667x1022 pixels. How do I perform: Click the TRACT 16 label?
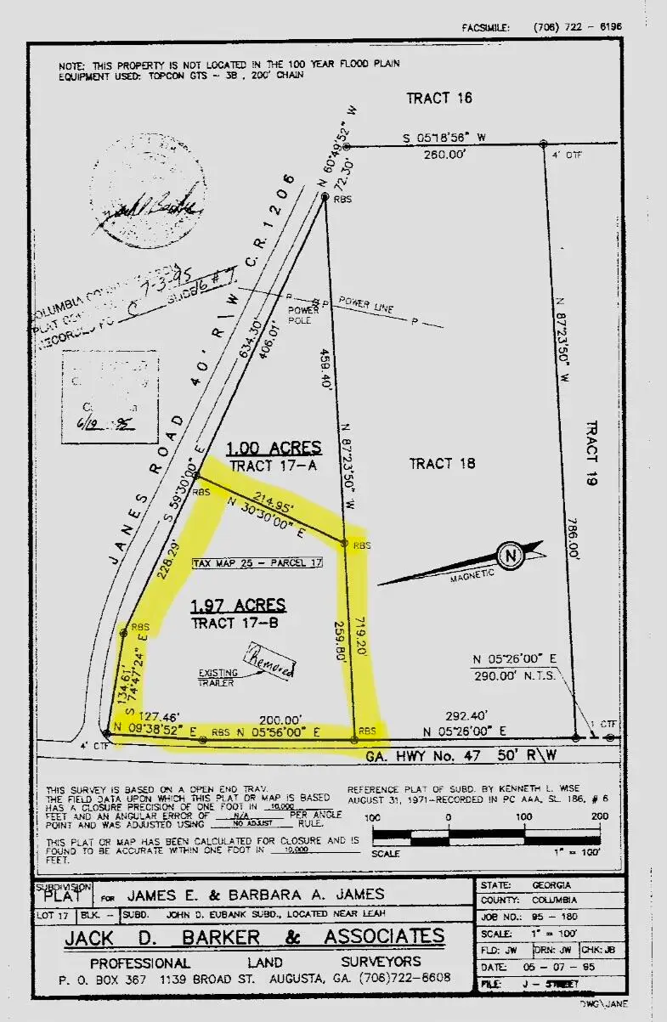point(438,98)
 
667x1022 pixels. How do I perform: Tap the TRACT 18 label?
point(442,463)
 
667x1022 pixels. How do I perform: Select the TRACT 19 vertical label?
point(592,453)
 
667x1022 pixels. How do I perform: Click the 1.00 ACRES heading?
point(274,448)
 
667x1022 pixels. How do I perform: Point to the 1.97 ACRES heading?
point(238,605)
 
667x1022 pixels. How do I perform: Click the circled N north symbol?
point(510,556)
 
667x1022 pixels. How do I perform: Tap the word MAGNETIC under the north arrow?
point(471,574)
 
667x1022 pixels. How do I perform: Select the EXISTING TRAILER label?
point(219,678)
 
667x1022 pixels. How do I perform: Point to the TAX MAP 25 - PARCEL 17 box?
point(257,563)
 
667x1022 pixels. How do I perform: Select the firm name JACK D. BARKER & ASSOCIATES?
point(254,937)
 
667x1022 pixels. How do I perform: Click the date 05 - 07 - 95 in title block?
point(558,968)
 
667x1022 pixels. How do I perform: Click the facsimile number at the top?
point(577,27)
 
